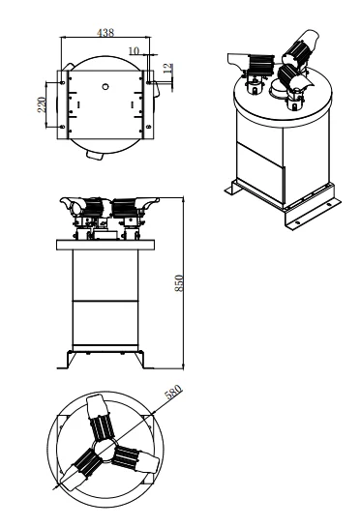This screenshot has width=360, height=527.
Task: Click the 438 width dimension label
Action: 105,32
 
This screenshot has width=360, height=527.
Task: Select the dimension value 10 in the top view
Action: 133,49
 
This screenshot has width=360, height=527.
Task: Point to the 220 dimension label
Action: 42,104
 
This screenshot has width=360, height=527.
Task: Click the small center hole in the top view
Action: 105,86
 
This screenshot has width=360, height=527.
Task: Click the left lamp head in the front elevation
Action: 75,204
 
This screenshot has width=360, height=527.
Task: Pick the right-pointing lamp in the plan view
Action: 136,458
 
